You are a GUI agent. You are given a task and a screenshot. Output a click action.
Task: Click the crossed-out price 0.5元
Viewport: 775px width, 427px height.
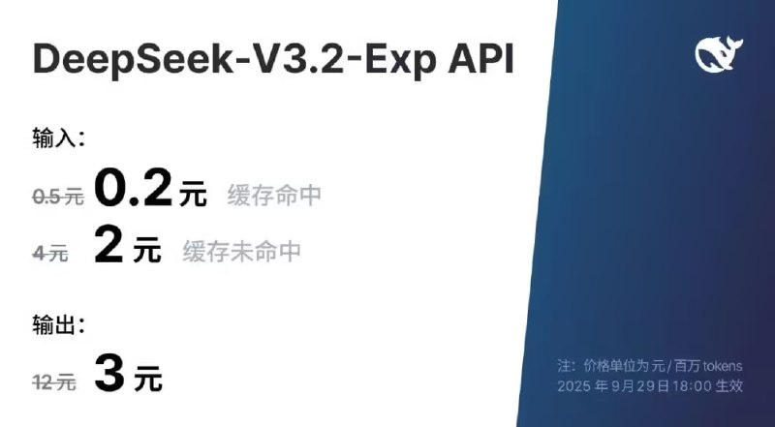tap(57, 197)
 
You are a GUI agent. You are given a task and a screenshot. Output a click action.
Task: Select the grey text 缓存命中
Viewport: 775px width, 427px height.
tap(274, 196)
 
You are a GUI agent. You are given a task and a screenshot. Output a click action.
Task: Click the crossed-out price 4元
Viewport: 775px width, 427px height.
tap(50, 254)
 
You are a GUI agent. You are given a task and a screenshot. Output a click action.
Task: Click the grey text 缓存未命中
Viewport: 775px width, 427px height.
tap(242, 252)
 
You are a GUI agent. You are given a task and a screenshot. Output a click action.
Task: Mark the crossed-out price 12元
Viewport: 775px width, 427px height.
tap(54, 382)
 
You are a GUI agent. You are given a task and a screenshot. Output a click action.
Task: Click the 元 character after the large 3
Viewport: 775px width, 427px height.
tap(147, 380)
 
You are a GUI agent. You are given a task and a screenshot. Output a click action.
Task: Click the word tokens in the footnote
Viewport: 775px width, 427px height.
tap(719, 366)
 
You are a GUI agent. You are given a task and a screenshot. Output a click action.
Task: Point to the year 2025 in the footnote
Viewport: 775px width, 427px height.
tap(573, 386)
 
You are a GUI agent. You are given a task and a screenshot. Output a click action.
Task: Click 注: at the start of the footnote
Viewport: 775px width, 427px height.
tap(567, 366)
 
